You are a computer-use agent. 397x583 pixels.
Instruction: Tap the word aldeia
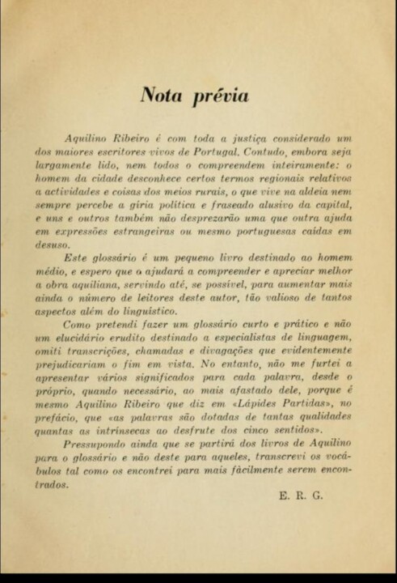point(321,193)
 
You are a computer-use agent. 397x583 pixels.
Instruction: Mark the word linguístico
point(150,311)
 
